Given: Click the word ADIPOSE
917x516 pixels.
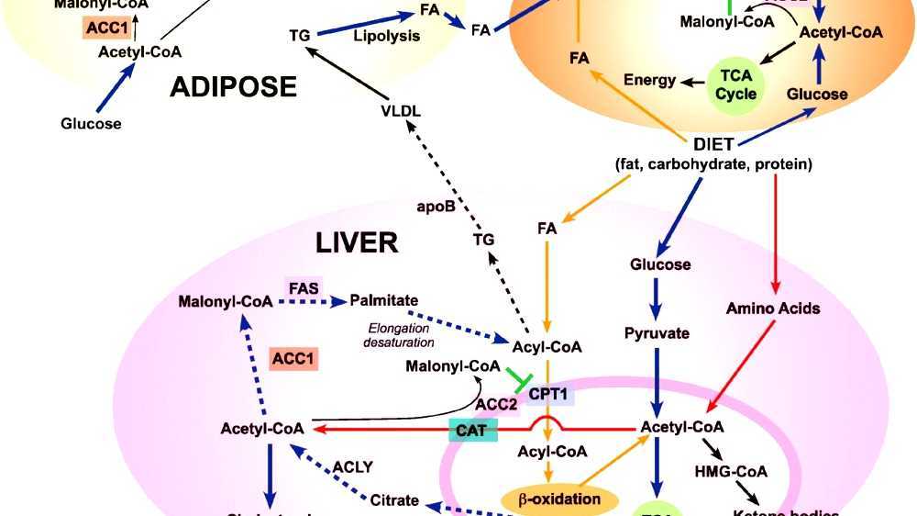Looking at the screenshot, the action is [x=233, y=87].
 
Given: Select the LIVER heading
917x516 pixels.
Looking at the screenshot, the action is [x=357, y=243].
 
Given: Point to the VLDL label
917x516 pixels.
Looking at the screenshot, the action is [x=401, y=111].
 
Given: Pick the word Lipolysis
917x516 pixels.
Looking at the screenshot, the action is [x=386, y=37].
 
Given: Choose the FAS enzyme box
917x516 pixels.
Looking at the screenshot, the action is [x=304, y=287].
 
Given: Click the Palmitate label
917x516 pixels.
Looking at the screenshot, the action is [x=384, y=300].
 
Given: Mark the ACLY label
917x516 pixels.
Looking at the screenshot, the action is [x=353, y=466].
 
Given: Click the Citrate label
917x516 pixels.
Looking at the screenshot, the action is [x=395, y=500].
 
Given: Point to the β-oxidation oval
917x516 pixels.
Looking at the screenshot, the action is [x=559, y=499].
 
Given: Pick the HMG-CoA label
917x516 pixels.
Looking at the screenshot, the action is [x=732, y=472].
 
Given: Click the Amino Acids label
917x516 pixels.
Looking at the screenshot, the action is [x=773, y=308].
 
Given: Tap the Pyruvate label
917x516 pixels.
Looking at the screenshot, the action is [x=657, y=333].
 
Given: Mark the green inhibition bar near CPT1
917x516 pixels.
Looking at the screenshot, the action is [x=517, y=378].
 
